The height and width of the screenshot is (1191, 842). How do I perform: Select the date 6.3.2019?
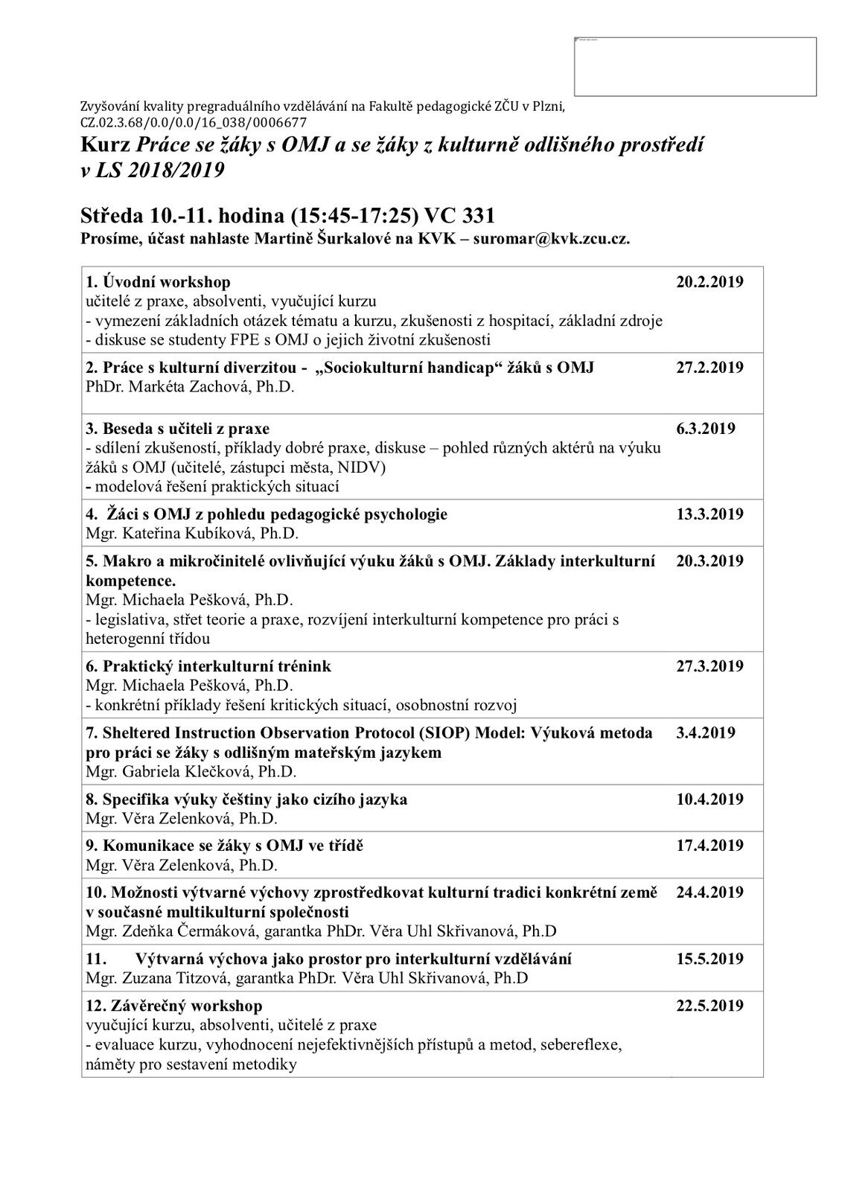(705, 429)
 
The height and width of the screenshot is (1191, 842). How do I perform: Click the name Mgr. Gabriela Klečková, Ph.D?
(191, 771)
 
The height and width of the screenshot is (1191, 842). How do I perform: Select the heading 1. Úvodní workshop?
(159, 282)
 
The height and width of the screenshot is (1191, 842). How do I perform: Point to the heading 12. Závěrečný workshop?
(174, 1006)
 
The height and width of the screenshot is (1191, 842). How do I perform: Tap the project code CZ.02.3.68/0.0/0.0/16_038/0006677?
(194, 122)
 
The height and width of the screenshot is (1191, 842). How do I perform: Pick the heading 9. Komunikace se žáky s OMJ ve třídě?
(225, 846)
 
